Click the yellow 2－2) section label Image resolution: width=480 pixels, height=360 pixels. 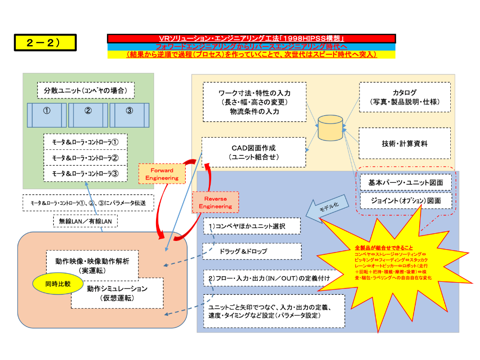(x=45, y=42)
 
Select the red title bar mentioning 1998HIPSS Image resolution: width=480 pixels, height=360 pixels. (x=252, y=38)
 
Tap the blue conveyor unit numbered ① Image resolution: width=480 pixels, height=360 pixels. (x=47, y=114)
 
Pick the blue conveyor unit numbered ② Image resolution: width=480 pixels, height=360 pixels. (x=88, y=114)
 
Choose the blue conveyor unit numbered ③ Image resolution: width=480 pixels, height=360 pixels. (x=129, y=114)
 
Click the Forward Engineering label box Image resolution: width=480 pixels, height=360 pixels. (x=162, y=174)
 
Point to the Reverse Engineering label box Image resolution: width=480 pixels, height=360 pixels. (x=215, y=202)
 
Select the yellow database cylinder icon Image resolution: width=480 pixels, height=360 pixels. (x=331, y=127)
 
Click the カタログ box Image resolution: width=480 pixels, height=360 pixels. (x=405, y=97)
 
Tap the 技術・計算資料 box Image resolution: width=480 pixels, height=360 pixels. (x=405, y=143)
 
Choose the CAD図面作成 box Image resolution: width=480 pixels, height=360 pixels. (x=253, y=152)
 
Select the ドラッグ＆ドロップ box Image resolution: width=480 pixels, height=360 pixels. (x=252, y=251)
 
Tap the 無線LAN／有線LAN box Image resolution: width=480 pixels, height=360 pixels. (x=85, y=221)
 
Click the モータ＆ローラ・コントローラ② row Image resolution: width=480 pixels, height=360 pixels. (x=85, y=157)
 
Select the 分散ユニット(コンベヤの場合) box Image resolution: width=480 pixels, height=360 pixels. (x=85, y=90)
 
